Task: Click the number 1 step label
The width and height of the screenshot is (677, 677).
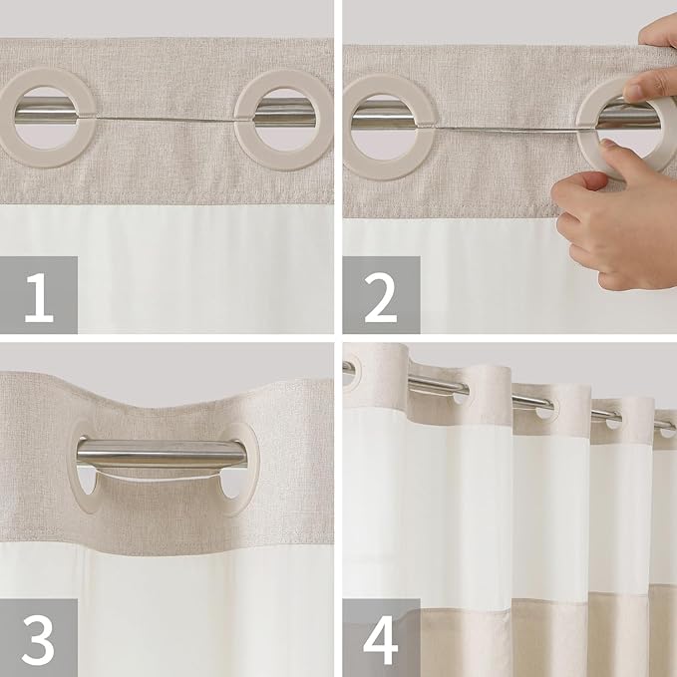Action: coord(39,295)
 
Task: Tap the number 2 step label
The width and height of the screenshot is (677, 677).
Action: coord(381,295)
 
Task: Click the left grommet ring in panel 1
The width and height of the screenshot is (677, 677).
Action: coord(45,117)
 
